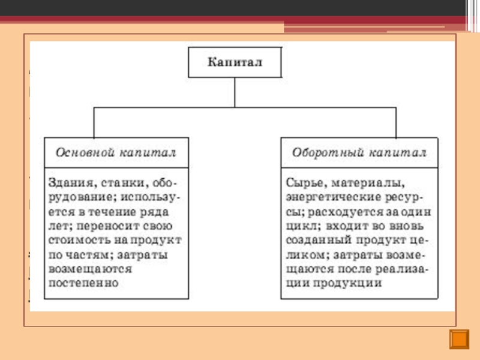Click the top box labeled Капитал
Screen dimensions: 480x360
(235, 62)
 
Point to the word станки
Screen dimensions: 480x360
(118, 182)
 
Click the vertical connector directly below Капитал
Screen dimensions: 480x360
(235, 92)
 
